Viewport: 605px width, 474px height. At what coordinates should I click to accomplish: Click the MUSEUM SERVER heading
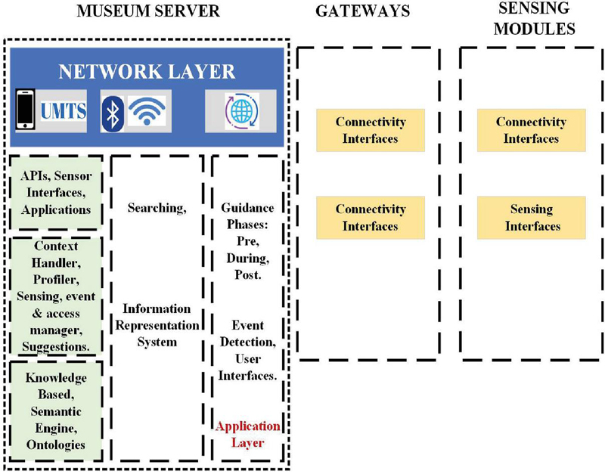tap(147, 13)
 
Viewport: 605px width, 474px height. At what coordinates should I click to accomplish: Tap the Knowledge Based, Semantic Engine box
tap(56, 411)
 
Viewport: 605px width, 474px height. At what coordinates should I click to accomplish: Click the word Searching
tap(157, 209)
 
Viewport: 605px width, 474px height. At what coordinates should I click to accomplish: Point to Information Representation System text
tap(157, 325)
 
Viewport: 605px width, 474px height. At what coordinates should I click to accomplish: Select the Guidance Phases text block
tap(248, 241)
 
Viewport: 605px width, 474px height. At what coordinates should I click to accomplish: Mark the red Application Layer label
tap(248, 435)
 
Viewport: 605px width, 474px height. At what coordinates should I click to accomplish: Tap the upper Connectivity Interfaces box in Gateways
tap(371, 130)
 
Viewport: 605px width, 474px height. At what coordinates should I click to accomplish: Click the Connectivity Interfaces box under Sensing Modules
tap(531, 130)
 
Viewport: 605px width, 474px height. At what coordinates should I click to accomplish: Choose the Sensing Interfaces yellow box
tap(531, 218)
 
